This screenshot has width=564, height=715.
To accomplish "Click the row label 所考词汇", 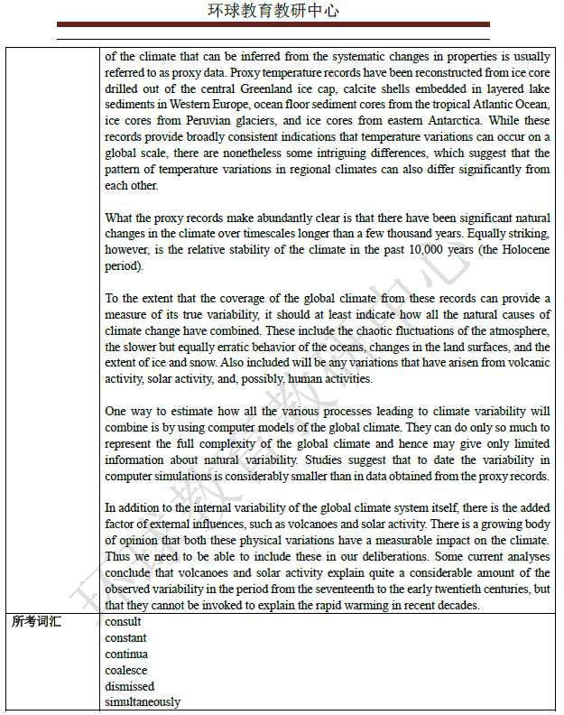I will pyautogui.click(x=37, y=622).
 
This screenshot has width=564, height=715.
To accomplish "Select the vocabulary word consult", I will pyautogui.click(x=123, y=622).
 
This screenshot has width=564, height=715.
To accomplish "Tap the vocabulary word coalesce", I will pyautogui.click(x=125, y=670).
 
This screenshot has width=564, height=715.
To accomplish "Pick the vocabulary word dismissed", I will pyautogui.click(x=129, y=686).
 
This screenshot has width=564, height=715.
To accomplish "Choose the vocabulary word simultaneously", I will pyautogui.click(x=143, y=701).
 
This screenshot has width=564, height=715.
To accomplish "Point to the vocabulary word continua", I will pyautogui.click(x=126, y=654).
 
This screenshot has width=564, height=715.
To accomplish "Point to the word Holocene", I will pyautogui.click(x=517, y=250).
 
